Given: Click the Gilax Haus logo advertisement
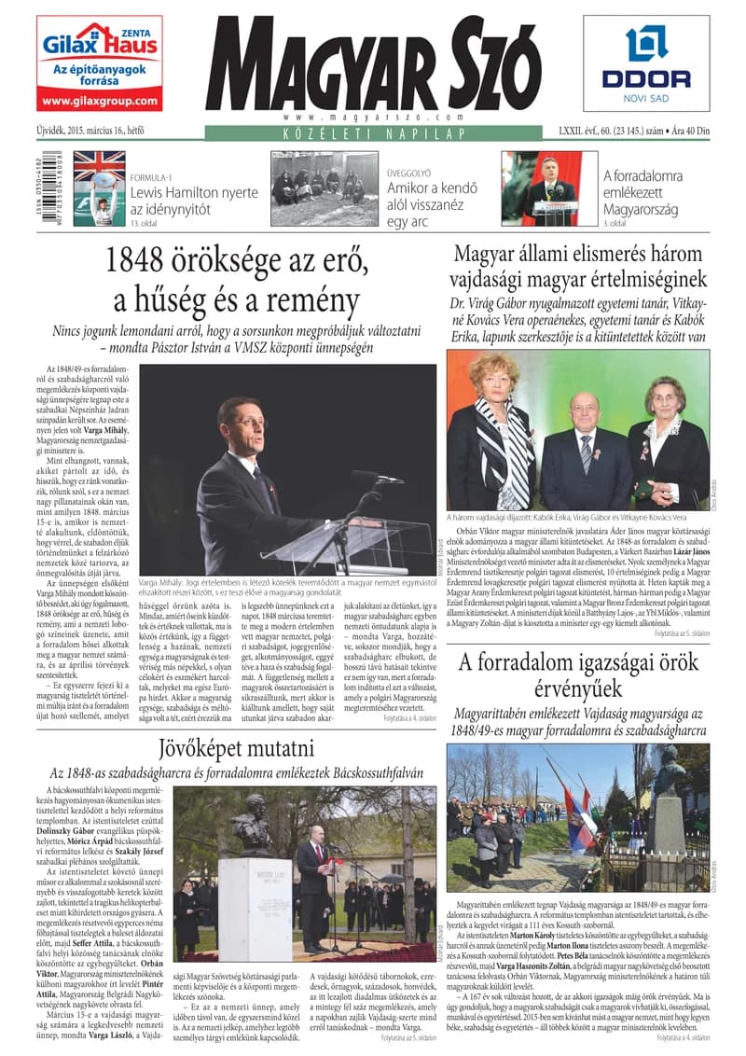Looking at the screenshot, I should click(x=100, y=63).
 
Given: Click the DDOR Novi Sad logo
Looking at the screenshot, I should click(x=645, y=63).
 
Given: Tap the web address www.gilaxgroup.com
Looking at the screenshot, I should click(x=100, y=101).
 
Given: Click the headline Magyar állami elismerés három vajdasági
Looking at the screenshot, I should click(x=579, y=266).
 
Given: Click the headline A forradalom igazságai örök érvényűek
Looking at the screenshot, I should click(x=579, y=674).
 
